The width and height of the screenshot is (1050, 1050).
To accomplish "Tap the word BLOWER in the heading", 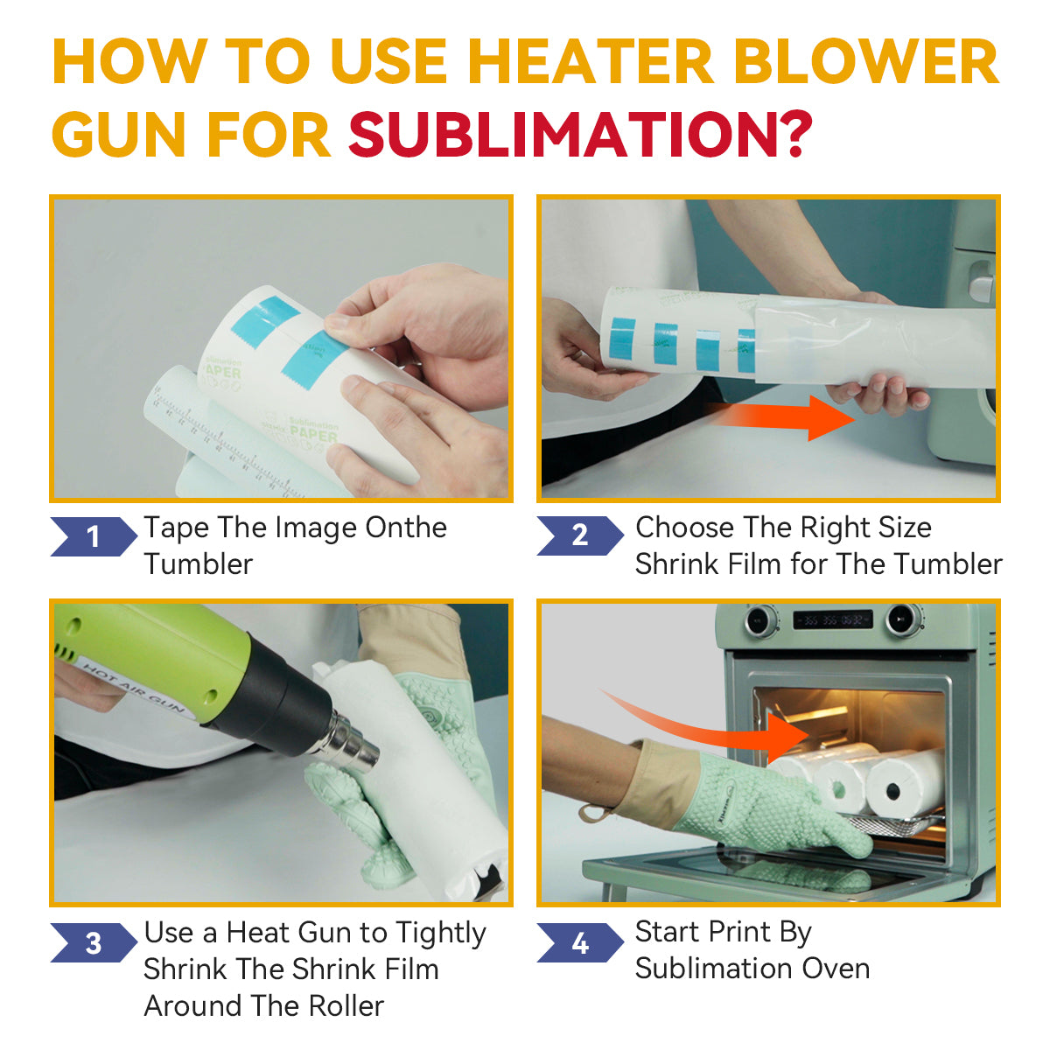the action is point(866,61).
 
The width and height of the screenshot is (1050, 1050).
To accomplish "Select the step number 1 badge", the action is point(94,536).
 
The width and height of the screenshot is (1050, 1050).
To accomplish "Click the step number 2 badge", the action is point(580,535).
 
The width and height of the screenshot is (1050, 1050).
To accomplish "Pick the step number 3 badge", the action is point(94,942).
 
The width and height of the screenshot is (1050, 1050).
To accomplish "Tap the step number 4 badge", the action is point(580,942).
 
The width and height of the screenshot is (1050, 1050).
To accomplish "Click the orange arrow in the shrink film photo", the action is point(780,418).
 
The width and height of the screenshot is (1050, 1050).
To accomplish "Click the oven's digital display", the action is point(832,619).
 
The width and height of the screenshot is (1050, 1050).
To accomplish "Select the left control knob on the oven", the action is point(759,620).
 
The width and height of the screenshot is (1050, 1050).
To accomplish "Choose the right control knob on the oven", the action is point(902,619).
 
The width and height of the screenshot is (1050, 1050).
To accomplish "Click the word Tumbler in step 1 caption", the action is point(199,564).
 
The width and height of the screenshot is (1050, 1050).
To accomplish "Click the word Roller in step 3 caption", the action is point(346,1006).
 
